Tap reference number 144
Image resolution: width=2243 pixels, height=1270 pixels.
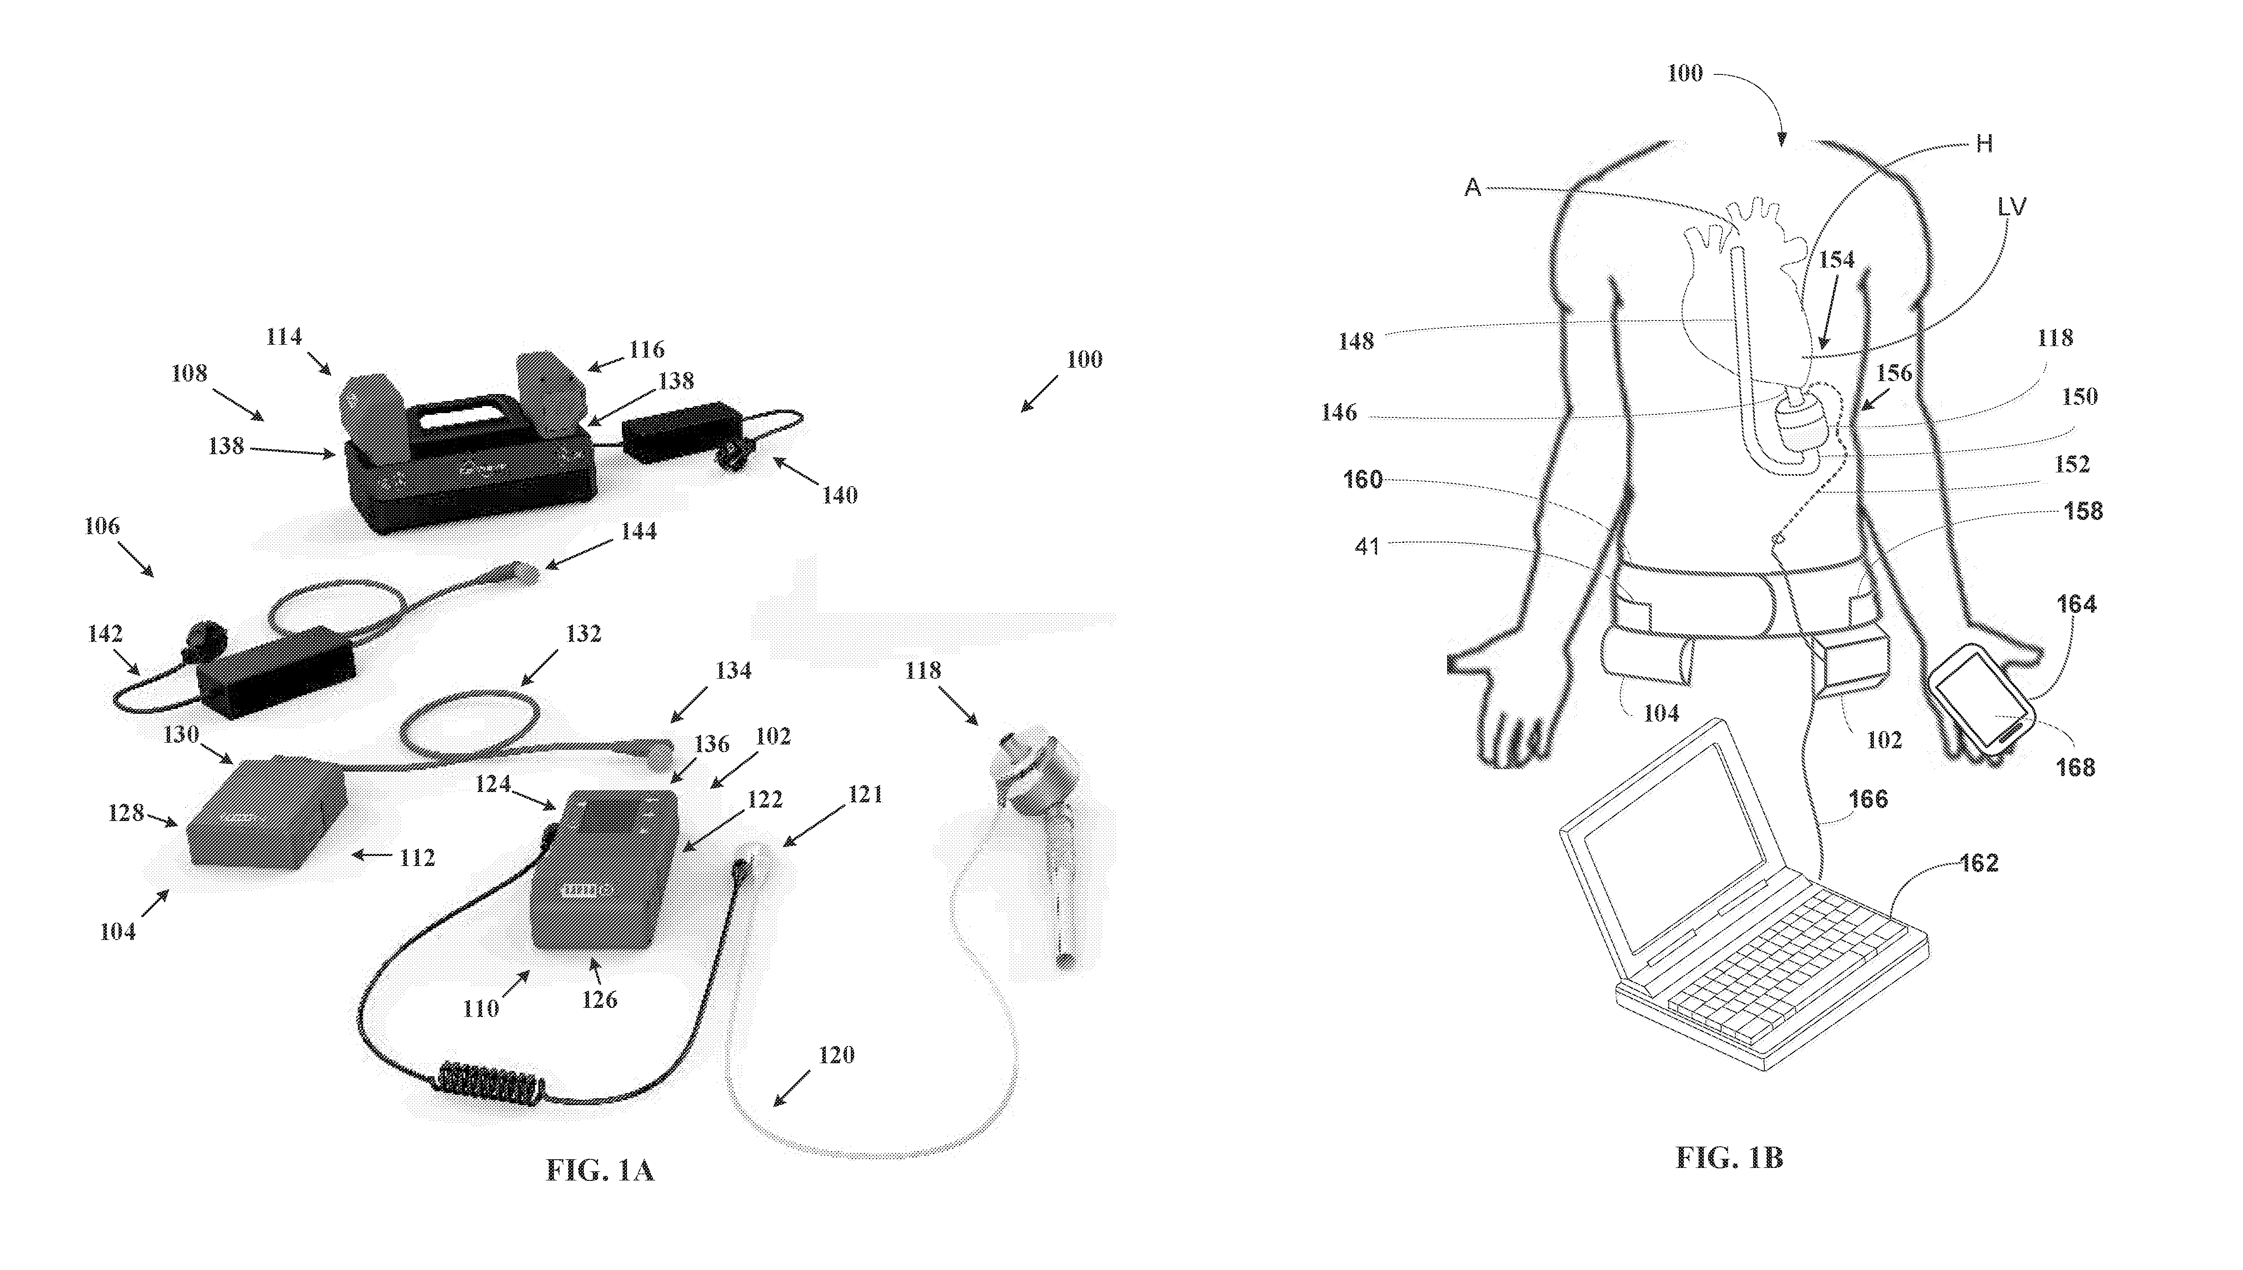pos(639,531)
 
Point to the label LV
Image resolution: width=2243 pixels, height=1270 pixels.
pos(2012,207)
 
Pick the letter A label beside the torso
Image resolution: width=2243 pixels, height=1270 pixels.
pos(1473,188)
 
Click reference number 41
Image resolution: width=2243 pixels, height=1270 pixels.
pos(1367,547)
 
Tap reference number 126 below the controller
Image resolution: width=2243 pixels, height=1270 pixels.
pos(600,1000)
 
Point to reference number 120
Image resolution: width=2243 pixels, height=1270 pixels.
pos(836,1055)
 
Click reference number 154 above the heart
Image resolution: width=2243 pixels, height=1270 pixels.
pos(1837,259)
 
